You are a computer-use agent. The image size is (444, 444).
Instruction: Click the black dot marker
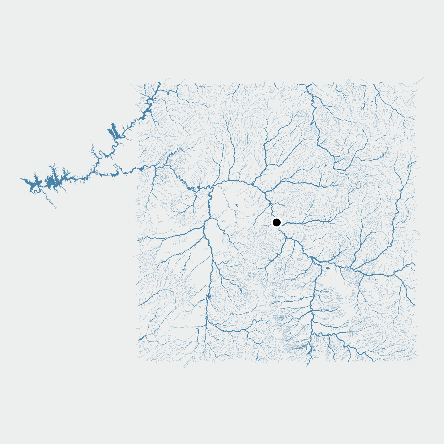[x=276, y=222]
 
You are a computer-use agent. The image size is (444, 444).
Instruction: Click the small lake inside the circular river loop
[x=237, y=205]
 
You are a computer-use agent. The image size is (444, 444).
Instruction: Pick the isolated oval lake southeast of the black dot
[x=327, y=268]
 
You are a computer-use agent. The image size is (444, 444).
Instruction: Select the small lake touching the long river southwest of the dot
[x=209, y=297]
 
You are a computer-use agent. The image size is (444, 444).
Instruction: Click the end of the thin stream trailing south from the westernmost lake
[x=56, y=208]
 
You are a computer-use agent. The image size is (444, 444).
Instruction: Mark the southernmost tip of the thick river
[x=307, y=366]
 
